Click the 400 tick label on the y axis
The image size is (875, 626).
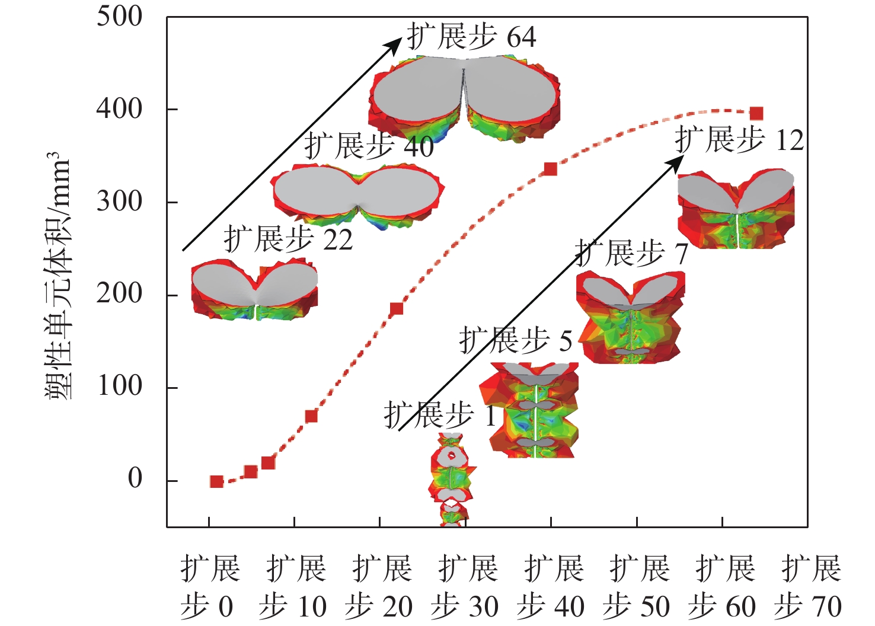(x=119, y=109)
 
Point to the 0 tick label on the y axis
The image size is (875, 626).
(x=135, y=478)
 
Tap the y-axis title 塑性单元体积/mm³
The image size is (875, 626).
(x=58, y=276)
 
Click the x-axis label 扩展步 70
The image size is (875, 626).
(x=809, y=587)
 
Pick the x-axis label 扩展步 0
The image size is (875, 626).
(x=209, y=587)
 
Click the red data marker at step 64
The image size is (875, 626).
(x=756, y=113)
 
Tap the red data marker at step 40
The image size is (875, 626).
(x=550, y=169)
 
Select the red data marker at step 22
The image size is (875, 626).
(x=397, y=308)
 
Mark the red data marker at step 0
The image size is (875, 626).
(x=216, y=481)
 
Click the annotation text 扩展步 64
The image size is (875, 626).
(x=471, y=37)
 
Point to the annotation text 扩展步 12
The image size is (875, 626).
(x=739, y=140)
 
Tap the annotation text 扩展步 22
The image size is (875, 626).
(x=288, y=240)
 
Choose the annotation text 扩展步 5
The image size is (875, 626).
(x=516, y=341)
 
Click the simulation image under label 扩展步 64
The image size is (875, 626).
(x=464, y=98)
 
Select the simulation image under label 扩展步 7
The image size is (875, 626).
(x=631, y=317)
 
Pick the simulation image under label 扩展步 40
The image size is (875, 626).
(x=357, y=196)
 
